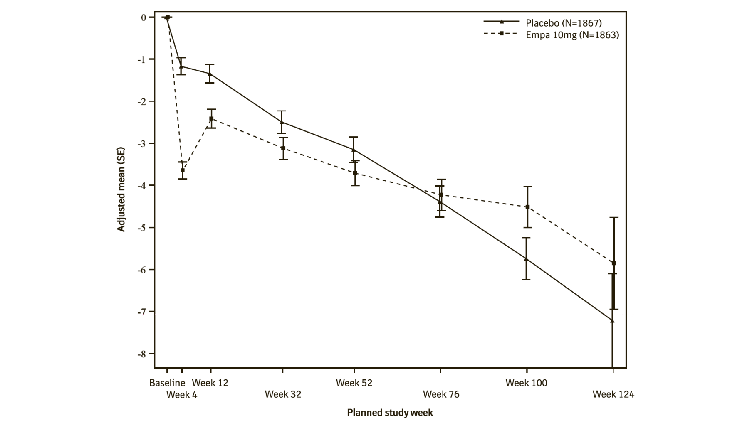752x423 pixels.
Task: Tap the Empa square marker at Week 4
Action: [183, 170]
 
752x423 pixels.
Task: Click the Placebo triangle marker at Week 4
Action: [181, 66]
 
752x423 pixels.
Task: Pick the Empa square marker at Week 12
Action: [211, 119]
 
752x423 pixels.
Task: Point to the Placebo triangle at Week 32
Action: [282, 122]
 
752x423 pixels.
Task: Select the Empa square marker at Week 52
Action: [355, 173]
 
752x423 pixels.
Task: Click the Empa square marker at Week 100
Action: [527, 207]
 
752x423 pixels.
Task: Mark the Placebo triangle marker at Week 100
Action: [526, 259]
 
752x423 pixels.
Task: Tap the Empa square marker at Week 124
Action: [614, 263]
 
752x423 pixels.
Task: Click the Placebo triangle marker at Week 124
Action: [612, 320]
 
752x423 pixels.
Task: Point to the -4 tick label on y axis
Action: [141, 185]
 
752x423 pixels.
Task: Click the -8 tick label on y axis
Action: [141, 354]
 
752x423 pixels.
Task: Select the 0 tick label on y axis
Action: [143, 17]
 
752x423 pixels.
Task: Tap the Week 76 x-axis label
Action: [441, 394]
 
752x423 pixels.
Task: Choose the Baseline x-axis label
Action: [167, 383]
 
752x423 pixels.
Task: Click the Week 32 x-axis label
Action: [283, 394]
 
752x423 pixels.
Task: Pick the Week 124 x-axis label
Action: [613, 394]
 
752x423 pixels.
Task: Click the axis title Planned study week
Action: [390, 413]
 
